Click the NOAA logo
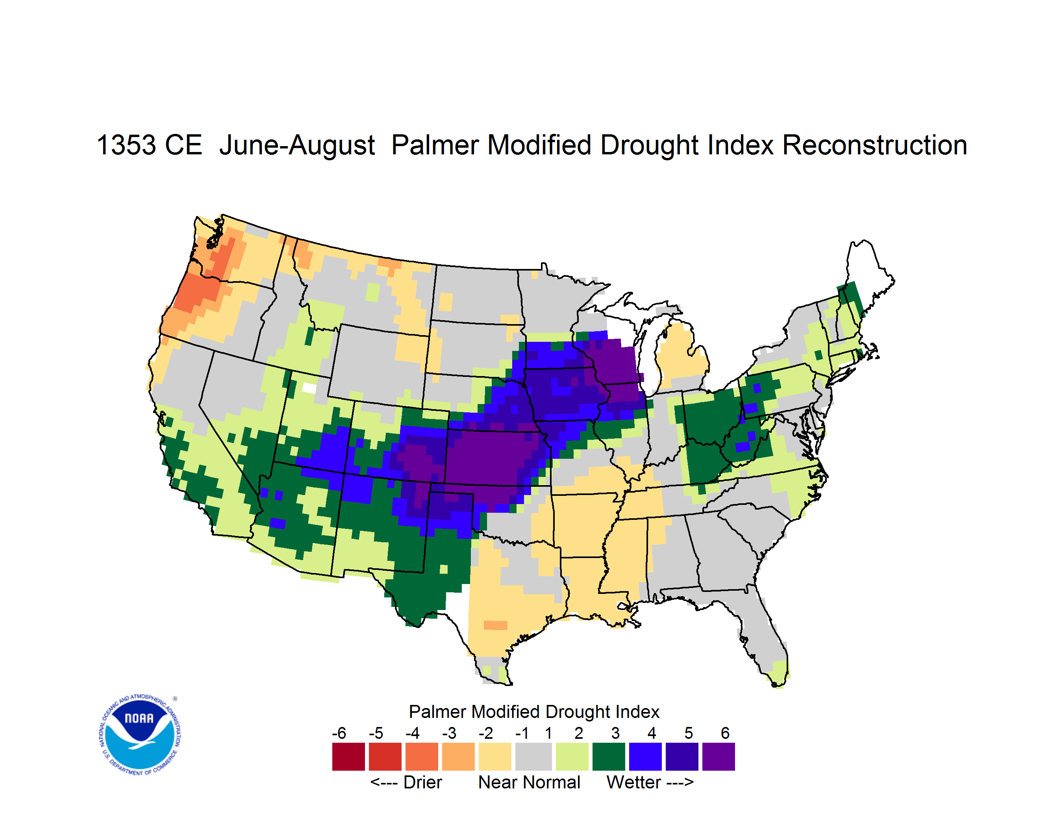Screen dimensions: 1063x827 (x=140, y=734)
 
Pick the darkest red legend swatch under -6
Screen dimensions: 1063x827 (x=348, y=757)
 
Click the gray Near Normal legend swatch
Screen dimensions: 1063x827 (x=533, y=757)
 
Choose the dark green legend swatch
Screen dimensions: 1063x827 (x=608, y=757)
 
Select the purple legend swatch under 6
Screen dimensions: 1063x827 (x=719, y=757)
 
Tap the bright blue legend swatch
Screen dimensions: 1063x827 (x=645, y=757)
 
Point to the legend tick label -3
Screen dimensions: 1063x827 (x=449, y=733)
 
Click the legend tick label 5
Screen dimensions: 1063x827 (x=688, y=733)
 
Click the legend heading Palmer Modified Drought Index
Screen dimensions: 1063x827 (x=534, y=712)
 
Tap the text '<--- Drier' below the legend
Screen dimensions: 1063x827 (x=406, y=782)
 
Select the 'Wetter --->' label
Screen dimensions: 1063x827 (x=650, y=782)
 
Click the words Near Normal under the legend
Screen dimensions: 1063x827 (x=529, y=782)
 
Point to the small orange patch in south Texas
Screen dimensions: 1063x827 (x=496, y=625)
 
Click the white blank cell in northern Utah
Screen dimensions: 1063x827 (x=309, y=388)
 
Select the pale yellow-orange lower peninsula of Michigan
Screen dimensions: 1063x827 (x=682, y=355)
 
